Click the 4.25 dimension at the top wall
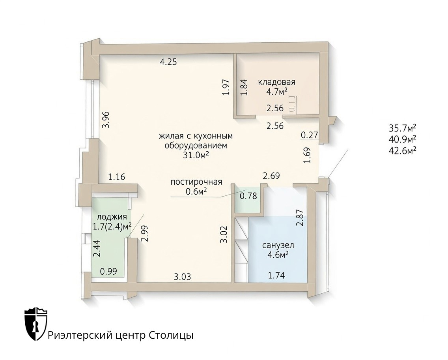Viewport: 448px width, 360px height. coord(168,62)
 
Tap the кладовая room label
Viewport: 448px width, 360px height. coord(276,82)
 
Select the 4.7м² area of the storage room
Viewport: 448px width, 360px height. coord(276,92)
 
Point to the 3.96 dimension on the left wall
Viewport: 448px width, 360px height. coord(106,120)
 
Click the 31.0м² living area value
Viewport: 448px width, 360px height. coord(196,155)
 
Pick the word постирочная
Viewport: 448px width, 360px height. coord(196,182)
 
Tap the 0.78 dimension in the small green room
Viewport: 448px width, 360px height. coord(248,196)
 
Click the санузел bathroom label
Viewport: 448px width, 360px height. coord(278,246)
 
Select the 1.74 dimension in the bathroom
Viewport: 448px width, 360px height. coord(276,276)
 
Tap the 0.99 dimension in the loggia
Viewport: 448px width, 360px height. coord(108,271)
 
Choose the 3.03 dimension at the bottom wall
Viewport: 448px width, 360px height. coord(183,277)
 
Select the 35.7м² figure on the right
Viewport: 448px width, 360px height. coord(402,127)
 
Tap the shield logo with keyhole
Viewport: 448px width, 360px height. coord(36,324)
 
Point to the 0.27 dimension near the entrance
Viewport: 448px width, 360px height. coord(310,135)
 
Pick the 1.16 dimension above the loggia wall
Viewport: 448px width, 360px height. coord(117,177)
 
